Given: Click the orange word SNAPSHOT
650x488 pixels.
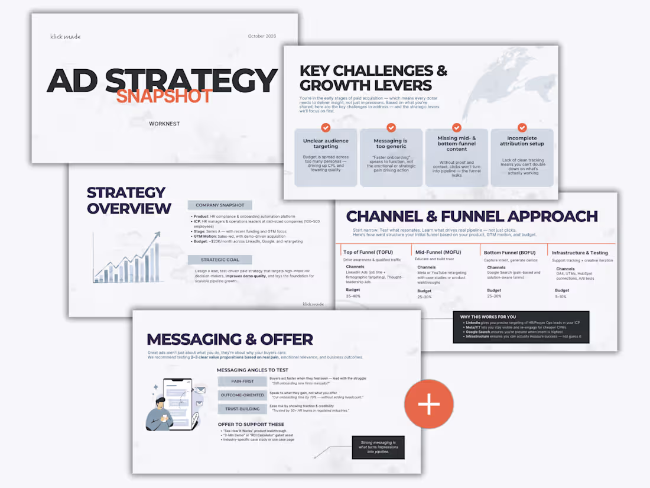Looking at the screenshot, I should [x=164, y=96].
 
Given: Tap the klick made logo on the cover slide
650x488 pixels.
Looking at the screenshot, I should [x=65, y=37].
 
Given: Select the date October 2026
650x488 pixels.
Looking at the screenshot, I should [x=262, y=37].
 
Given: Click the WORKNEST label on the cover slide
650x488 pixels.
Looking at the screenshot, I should [x=164, y=124].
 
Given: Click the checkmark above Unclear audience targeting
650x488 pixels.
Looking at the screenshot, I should [x=326, y=128].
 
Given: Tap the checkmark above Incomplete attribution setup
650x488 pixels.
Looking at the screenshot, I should [x=522, y=128].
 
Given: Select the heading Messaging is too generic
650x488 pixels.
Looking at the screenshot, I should [x=391, y=144].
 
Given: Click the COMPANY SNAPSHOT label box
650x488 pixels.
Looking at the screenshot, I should [x=220, y=205].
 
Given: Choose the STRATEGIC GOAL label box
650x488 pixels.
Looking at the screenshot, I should [x=220, y=260].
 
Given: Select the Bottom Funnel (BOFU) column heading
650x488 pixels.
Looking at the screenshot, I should [x=509, y=253].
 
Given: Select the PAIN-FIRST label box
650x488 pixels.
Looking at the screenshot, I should [x=242, y=382].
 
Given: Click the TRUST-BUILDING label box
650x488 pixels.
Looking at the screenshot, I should [x=242, y=409].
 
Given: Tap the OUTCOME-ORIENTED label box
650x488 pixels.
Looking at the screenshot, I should [x=242, y=395].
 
